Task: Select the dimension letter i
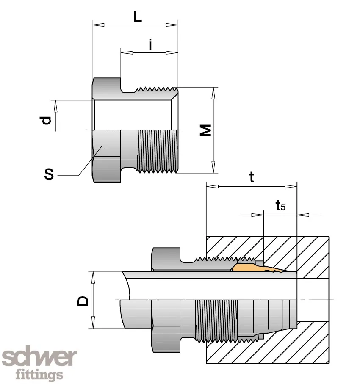150,44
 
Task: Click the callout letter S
49,174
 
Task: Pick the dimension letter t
252,177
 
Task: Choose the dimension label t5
280,206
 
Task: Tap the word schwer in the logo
40,358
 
